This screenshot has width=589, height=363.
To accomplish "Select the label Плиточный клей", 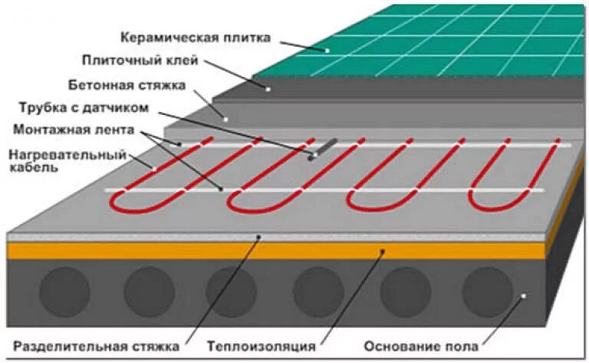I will click(141, 60).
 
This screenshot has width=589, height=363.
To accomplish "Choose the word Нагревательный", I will click(67, 154).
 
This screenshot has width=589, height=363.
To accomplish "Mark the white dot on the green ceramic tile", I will click(327, 50).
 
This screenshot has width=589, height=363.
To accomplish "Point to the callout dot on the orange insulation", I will click(384, 250).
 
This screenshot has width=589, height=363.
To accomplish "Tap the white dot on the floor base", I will click(523, 295).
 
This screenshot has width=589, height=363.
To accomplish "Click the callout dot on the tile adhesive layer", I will click(268, 89).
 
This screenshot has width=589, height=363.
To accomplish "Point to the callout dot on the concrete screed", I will click(225, 118).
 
